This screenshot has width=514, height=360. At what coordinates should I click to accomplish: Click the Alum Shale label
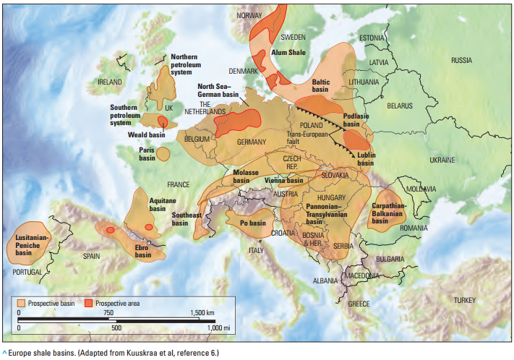pyautogui.click(x=288, y=52)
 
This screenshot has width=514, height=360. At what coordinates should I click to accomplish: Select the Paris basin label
pyautogui.click(x=147, y=154)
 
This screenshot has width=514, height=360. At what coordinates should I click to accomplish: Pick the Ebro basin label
pyautogui.click(x=143, y=251)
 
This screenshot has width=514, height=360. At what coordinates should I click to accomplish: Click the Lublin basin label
pyautogui.click(x=366, y=159)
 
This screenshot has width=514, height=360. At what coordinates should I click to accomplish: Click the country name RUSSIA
pyautogui.click(x=461, y=61)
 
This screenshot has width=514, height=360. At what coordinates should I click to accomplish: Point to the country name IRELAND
pyautogui.click(x=110, y=82)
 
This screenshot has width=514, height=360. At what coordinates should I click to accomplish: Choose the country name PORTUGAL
pyautogui.click(x=27, y=271)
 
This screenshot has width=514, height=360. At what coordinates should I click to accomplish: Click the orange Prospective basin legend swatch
pyautogui.click(x=22, y=303)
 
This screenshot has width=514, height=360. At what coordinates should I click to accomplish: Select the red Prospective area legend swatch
pyautogui.click(x=89, y=303)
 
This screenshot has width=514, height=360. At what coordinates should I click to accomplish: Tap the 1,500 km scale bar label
pyautogui.click(x=205, y=312)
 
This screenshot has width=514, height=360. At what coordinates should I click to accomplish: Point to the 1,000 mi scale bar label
pyautogui.click(x=218, y=328)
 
